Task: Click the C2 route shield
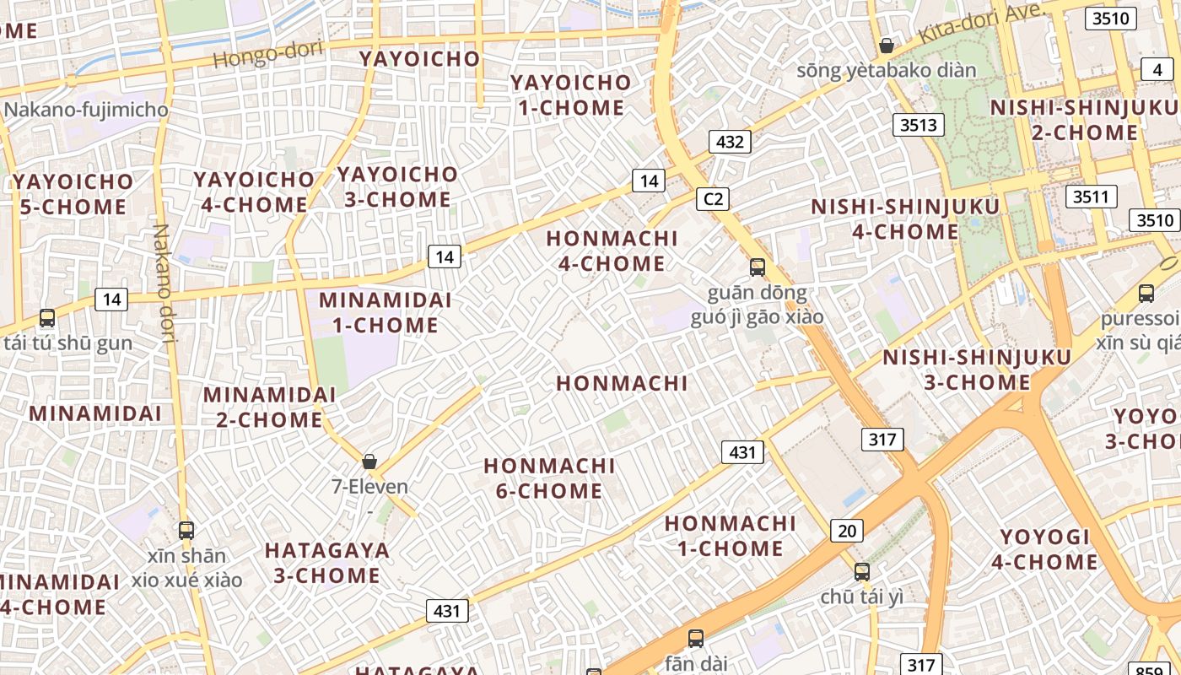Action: point(713,199)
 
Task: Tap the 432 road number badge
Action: point(730,142)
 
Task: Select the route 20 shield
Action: point(847,531)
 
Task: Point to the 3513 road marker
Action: point(919,125)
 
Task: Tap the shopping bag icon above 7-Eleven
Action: point(369,462)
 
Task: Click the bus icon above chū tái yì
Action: point(861,571)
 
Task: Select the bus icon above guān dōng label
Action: point(758,267)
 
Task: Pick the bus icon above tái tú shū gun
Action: point(47,318)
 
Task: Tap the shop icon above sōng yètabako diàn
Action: point(886,45)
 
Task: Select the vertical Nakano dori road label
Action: point(163,283)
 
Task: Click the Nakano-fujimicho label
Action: point(86,110)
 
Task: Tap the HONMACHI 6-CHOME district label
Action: point(549,478)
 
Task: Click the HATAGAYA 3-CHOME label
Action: point(327,563)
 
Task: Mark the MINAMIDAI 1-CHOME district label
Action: point(385,312)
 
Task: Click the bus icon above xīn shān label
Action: point(186,531)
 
